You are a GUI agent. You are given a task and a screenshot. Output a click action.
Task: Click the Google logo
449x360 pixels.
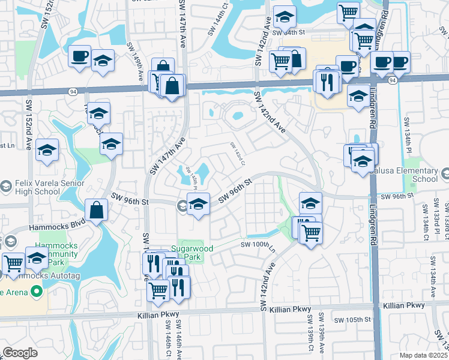point(20,352)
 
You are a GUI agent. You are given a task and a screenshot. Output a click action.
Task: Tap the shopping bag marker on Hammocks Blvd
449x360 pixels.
point(96,211)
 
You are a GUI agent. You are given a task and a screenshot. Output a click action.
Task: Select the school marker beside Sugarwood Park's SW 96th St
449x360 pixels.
point(198,205)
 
